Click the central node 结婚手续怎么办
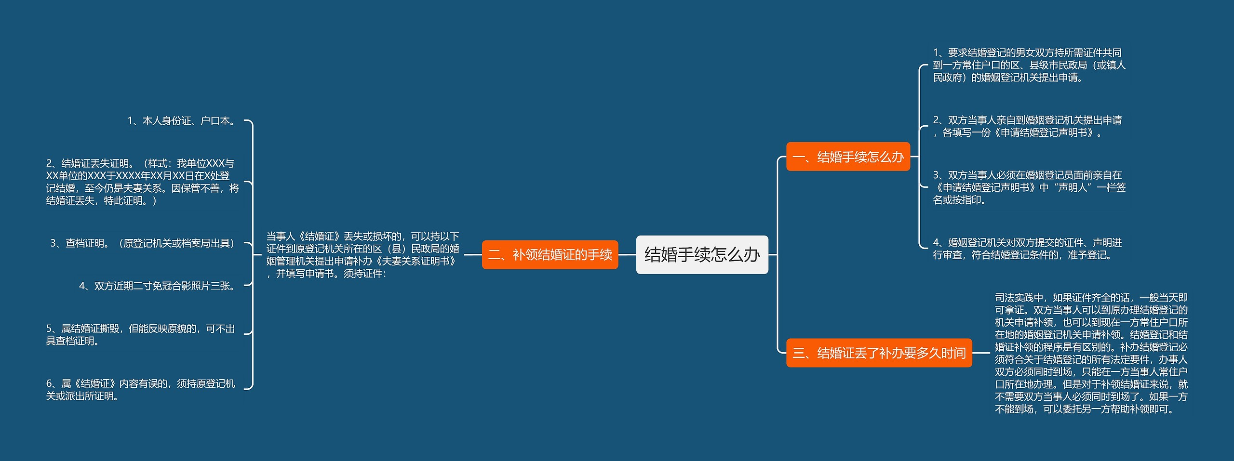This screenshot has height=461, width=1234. [x=702, y=255]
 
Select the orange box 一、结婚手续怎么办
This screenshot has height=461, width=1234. [x=848, y=157]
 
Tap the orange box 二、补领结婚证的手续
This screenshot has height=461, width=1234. [x=550, y=255]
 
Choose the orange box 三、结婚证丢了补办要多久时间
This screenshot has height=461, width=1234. [x=879, y=353]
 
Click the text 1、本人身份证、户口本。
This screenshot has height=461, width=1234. [x=183, y=120]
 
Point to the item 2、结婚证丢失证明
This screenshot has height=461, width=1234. [x=142, y=182]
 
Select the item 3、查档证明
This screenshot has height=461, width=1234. [x=142, y=243]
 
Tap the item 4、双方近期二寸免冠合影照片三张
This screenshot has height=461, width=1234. [x=159, y=286]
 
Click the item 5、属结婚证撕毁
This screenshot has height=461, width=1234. [x=140, y=335]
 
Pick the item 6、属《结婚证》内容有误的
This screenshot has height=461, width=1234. [x=140, y=390]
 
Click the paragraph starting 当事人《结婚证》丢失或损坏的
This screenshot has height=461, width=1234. [x=362, y=255]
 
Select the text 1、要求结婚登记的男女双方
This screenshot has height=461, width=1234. [x=1029, y=65]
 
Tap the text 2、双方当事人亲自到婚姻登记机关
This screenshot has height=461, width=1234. [x=1027, y=126]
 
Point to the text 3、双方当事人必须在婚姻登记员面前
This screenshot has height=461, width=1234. [x=1029, y=187]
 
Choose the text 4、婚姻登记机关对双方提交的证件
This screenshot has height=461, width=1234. [x=1027, y=249]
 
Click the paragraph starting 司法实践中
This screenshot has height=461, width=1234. [x=1091, y=353]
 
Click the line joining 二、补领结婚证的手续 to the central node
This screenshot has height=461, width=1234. [x=627, y=255]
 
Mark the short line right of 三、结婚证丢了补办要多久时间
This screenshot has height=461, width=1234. [x=981, y=353]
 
